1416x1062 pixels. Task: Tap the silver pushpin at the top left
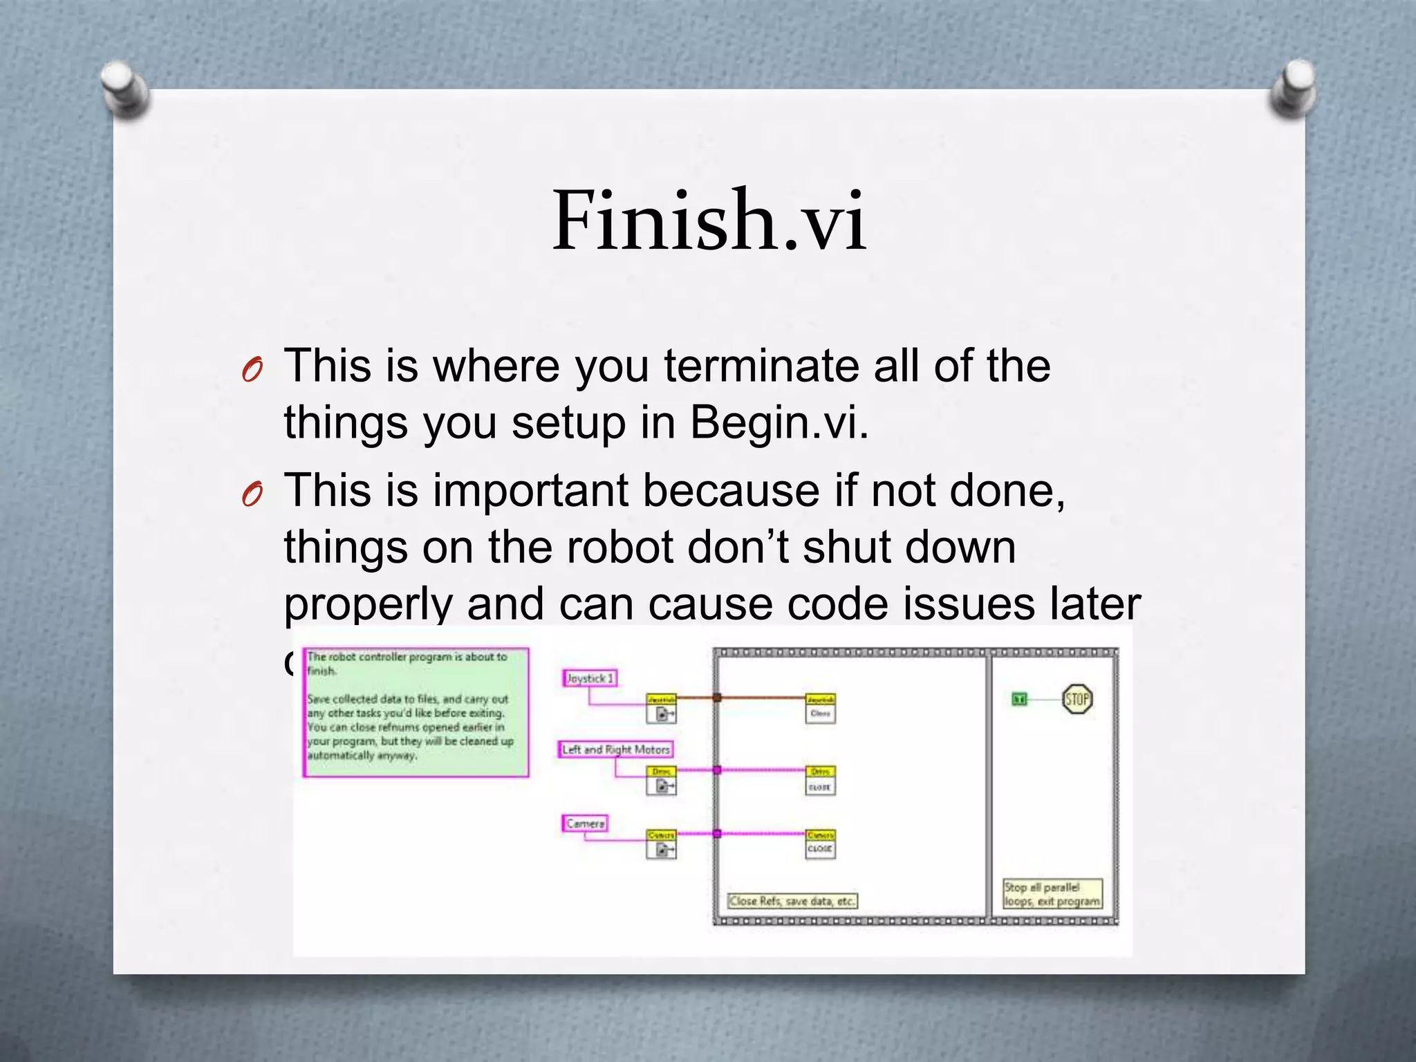tap(124, 88)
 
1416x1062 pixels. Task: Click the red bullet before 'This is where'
tap(252, 371)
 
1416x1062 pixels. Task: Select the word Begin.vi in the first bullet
tap(779, 422)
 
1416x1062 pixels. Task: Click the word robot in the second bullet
tap(619, 547)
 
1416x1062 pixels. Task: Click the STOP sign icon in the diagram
tap(1077, 699)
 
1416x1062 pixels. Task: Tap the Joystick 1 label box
tap(590, 678)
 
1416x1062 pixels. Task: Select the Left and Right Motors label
tap(615, 749)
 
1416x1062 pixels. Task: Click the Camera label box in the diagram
tap(585, 823)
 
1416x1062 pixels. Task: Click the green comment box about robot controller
tap(416, 712)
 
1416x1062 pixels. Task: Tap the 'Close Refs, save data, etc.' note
tap(792, 901)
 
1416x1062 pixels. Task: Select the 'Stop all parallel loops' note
tap(1052, 894)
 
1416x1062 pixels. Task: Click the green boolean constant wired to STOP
tap(1019, 700)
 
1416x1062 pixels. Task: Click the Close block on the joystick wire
tap(820, 709)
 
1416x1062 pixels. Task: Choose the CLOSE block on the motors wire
tap(820, 781)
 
